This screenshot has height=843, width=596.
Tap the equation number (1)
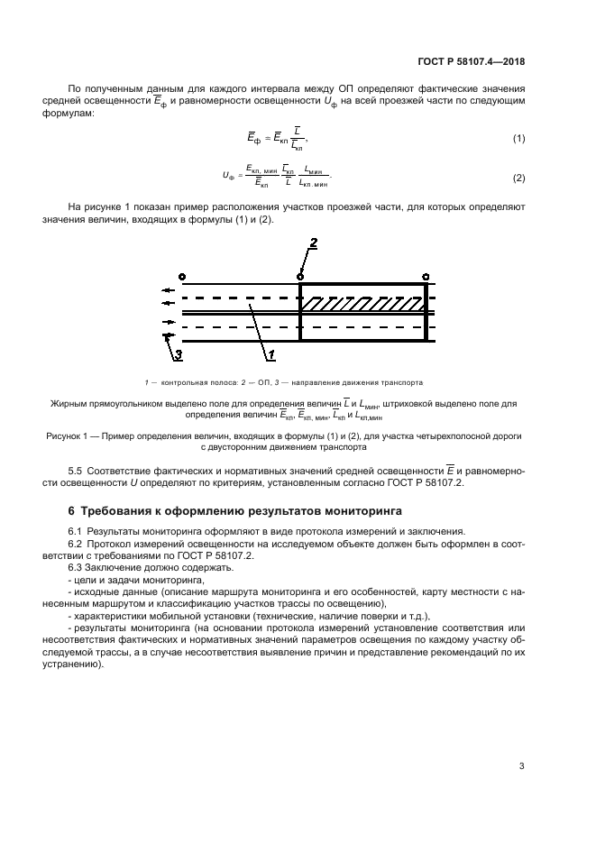click(x=518, y=138)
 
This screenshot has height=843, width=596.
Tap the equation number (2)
click(x=518, y=178)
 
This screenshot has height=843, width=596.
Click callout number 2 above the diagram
click(x=313, y=243)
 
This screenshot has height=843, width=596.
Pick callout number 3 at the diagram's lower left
click(x=178, y=355)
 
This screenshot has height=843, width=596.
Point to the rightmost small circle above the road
click(x=426, y=276)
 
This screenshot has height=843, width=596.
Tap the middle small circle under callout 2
click(x=301, y=276)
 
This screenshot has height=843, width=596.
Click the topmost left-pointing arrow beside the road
click(x=168, y=290)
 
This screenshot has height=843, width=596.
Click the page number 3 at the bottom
click(x=521, y=766)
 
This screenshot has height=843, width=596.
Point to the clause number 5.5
click(x=78, y=471)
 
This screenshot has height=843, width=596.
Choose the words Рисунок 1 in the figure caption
click(x=70, y=435)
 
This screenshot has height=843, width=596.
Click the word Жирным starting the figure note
click(x=69, y=405)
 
